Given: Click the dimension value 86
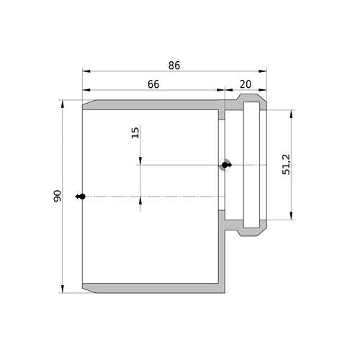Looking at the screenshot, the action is click(174, 66).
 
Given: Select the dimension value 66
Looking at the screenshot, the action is click(153, 84).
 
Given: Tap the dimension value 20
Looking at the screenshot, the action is click(246, 84).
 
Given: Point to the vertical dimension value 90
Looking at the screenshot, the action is click(58, 196).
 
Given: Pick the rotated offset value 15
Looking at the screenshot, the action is click(135, 132).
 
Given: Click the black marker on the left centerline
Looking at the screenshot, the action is click(81, 197).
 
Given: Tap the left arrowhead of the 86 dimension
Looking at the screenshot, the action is click(86, 71).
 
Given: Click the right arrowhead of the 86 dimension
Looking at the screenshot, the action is click(263, 71).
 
